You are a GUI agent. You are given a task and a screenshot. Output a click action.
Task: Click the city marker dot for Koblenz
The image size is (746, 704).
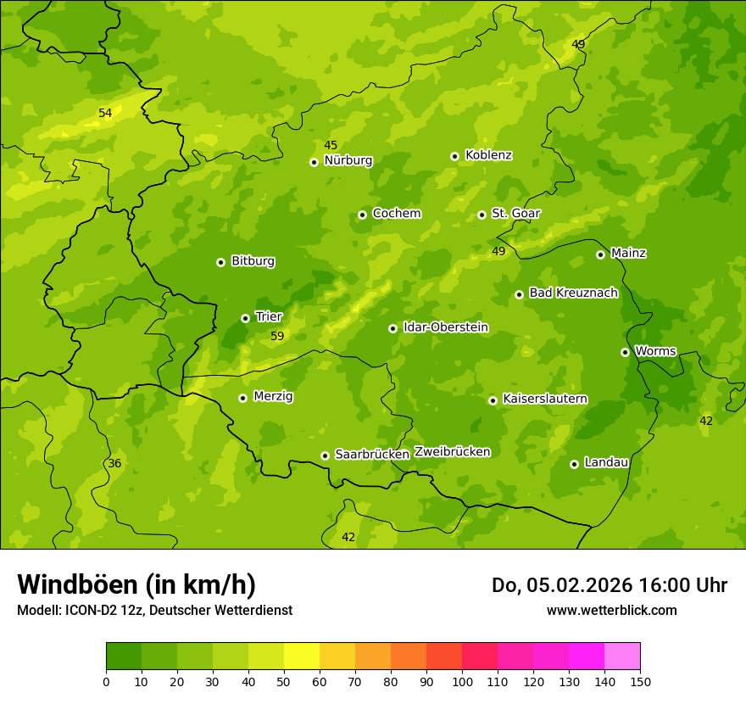click(454, 156)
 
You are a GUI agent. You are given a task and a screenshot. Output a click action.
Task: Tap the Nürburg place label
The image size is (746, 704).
click(348, 160)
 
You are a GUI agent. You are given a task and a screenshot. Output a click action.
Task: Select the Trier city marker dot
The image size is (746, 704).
click(245, 318)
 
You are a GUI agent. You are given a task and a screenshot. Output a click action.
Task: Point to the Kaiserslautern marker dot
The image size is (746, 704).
click(493, 400)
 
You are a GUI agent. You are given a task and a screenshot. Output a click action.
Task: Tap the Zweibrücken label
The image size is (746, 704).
click(452, 452)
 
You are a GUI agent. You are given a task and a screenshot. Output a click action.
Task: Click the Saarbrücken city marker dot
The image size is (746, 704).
click(325, 455)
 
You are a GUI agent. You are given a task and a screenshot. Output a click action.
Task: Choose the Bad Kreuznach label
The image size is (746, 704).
click(573, 293)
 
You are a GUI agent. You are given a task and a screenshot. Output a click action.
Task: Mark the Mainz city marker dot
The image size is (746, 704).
click(600, 254)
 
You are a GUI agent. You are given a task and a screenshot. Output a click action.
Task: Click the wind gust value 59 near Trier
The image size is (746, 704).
click(277, 337)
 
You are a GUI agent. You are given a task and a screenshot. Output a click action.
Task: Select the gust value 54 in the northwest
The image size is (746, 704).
click(105, 114)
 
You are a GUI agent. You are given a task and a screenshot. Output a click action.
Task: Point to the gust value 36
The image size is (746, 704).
click(114, 464)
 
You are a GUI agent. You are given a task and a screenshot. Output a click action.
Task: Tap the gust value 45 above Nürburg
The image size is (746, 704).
click(331, 146)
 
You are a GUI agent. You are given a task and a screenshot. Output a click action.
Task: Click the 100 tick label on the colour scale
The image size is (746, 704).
click(462, 681)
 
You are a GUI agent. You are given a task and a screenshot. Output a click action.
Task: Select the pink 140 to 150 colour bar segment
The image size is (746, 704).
click(622, 657)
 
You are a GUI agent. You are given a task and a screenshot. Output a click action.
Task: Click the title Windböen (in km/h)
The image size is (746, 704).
click(136, 584)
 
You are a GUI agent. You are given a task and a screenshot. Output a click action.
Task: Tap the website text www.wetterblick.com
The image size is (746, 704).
click(611, 610)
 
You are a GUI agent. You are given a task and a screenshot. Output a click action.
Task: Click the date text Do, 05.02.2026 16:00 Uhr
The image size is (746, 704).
click(609, 585)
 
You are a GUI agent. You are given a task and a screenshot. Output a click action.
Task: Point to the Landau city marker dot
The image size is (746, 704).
click(574, 464)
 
